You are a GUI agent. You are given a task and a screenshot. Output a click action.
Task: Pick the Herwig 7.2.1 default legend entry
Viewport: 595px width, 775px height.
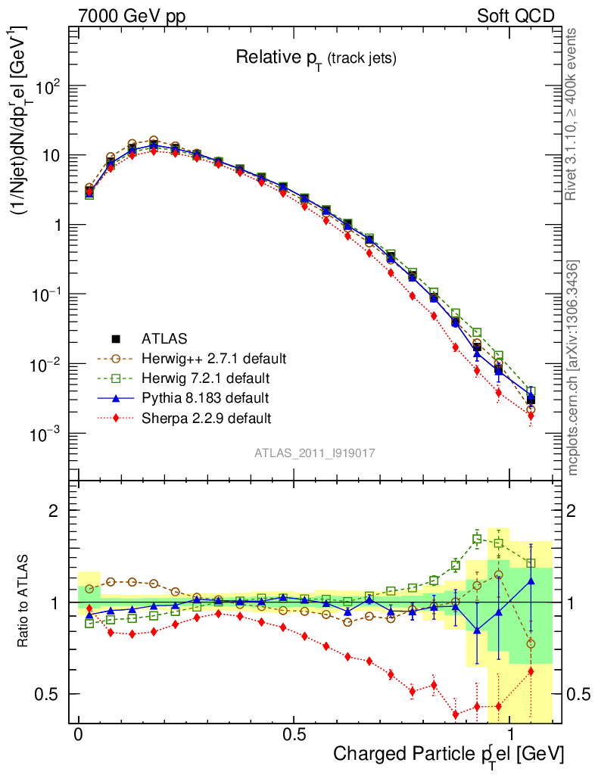[206, 378]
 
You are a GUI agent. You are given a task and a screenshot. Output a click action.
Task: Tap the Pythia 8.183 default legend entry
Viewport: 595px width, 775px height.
[204, 397]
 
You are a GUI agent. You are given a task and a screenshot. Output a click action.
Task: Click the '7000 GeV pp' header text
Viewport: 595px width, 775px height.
[132, 16]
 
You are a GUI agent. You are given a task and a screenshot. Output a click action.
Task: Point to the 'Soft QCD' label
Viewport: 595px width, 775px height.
[516, 16]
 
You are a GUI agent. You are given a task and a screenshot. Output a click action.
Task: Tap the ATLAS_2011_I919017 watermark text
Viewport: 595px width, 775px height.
[315, 453]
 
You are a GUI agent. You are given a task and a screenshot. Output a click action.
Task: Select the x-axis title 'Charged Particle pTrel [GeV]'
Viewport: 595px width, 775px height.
[448, 754]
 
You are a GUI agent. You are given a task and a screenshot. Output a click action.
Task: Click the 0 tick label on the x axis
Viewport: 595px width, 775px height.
[79, 735]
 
